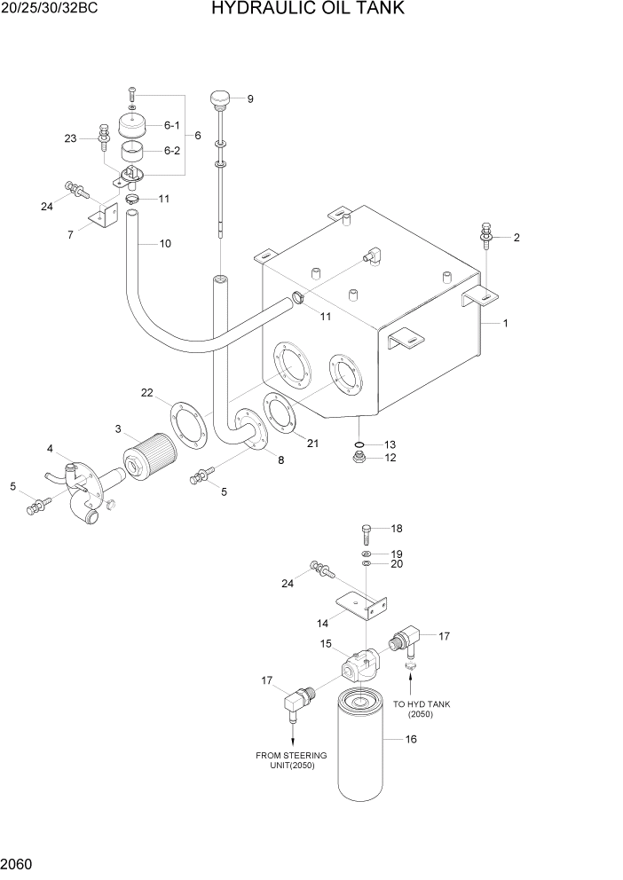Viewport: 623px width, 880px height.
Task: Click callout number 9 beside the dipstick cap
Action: tap(250, 98)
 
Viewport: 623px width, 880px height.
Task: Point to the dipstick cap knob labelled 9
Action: tap(219, 96)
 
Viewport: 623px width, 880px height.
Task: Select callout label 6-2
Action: tap(171, 151)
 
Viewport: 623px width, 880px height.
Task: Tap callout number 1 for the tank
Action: tap(505, 324)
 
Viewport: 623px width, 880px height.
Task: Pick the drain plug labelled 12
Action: tap(359, 458)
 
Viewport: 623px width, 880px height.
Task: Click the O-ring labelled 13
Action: tap(359, 444)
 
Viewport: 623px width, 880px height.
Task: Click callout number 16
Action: tap(411, 739)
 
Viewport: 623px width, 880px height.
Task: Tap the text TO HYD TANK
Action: tap(422, 704)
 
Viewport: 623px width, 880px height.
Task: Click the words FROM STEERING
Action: tap(291, 755)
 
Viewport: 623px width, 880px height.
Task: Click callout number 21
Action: tap(312, 444)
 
